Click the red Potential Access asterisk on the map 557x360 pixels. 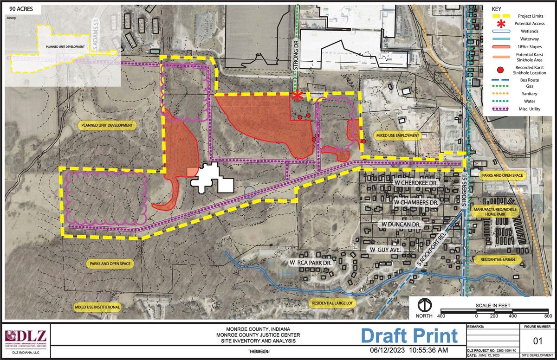click(298, 96)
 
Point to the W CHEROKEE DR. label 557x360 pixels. click(416, 183)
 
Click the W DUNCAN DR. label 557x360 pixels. click(402, 225)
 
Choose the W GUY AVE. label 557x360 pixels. click(386, 250)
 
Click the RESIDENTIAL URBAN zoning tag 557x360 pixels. click(495, 259)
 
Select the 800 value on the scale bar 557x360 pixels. click(548, 316)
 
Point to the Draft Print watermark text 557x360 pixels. click(409, 335)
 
